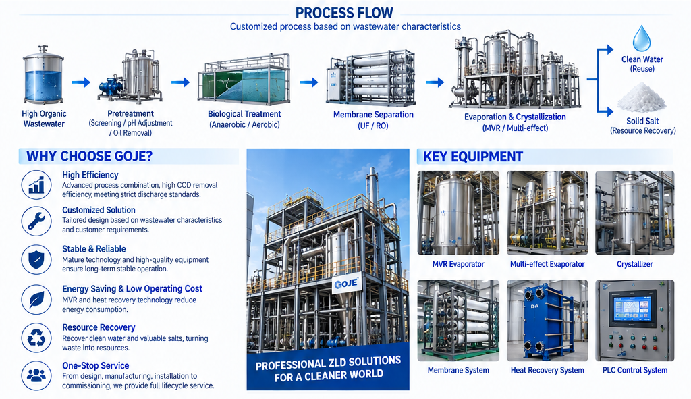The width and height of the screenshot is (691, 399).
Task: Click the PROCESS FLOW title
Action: (x=345, y=12)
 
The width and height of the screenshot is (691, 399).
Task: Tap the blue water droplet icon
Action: (x=642, y=38)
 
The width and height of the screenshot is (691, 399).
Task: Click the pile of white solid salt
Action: (x=641, y=98)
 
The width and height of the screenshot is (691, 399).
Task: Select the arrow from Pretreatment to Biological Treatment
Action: (x=180, y=82)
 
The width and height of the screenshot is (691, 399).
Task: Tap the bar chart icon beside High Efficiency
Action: (x=36, y=185)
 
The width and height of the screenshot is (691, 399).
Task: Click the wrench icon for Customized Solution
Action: (x=36, y=221)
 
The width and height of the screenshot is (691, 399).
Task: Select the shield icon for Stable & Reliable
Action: (x=36, y=260)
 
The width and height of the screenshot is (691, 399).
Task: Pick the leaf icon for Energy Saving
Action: (x=36, y=299)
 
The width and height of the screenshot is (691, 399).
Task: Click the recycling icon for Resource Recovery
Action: (x=36, y=338)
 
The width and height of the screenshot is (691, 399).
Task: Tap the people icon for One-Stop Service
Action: (x=36, y=375)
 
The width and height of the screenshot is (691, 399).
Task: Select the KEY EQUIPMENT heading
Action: (x=473, y=157)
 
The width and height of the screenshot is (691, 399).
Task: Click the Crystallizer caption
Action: (x=634, y=264)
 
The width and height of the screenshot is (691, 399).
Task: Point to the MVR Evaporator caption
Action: (x=458, y=264)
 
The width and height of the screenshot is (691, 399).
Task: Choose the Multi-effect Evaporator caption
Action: (x=547, y=264)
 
